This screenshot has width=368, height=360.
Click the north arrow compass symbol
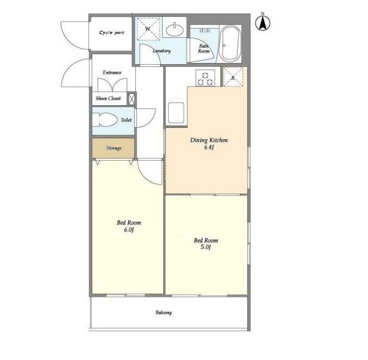tap(263, 22)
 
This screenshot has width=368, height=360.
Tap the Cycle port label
tap(111, 32)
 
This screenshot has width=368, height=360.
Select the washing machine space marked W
tap(148, 29)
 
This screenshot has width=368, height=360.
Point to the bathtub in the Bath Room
tap(231, 43)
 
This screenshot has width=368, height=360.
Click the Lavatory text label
tap(162, 50)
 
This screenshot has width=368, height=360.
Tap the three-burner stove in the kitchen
tap(205, 78)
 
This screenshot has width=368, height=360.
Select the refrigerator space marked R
tap(233, 76)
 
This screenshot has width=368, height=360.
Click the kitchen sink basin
tap(175, 113)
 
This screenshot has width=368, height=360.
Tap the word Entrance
tap(112, 72)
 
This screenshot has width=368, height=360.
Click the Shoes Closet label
tap(108, 98)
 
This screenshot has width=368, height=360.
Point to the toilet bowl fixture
tap(104, 120)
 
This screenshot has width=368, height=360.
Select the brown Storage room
tap(113, 148)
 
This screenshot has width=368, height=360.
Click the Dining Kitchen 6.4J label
tap(208, 143)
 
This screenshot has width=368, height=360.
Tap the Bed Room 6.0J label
tap(129, 226)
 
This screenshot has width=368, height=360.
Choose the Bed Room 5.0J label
tap(206, 243)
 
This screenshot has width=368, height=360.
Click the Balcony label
tap(163, 312)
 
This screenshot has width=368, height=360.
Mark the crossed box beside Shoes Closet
tap(132, 99)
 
